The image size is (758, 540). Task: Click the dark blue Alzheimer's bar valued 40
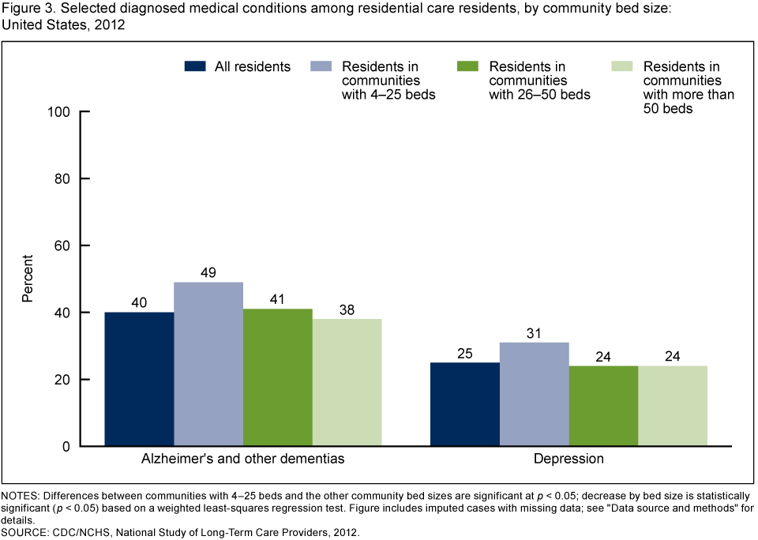(x=139, y=379)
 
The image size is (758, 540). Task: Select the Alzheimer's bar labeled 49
(x=208, y=364)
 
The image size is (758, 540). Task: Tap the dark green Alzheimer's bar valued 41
(x=278, y=377)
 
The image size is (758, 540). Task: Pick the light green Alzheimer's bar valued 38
(x=347, y=382)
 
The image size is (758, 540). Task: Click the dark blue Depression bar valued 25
(x=464, y=404)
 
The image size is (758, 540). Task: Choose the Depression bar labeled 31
(x=534, y=394)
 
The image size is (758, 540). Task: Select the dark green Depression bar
(x=603, y=406)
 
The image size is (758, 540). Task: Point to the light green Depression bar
(x=673, y=406)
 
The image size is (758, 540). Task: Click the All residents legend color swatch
(x=196, y=66)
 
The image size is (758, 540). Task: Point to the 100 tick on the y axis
(x=60, y=111)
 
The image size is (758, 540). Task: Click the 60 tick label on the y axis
(x=63, y=246)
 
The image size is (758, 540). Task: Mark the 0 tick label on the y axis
(x=67, y=446)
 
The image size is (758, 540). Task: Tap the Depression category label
(x=568, y=459)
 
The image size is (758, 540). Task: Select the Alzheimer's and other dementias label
(x=243, y=459)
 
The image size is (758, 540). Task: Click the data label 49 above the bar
(x=208, y=272)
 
